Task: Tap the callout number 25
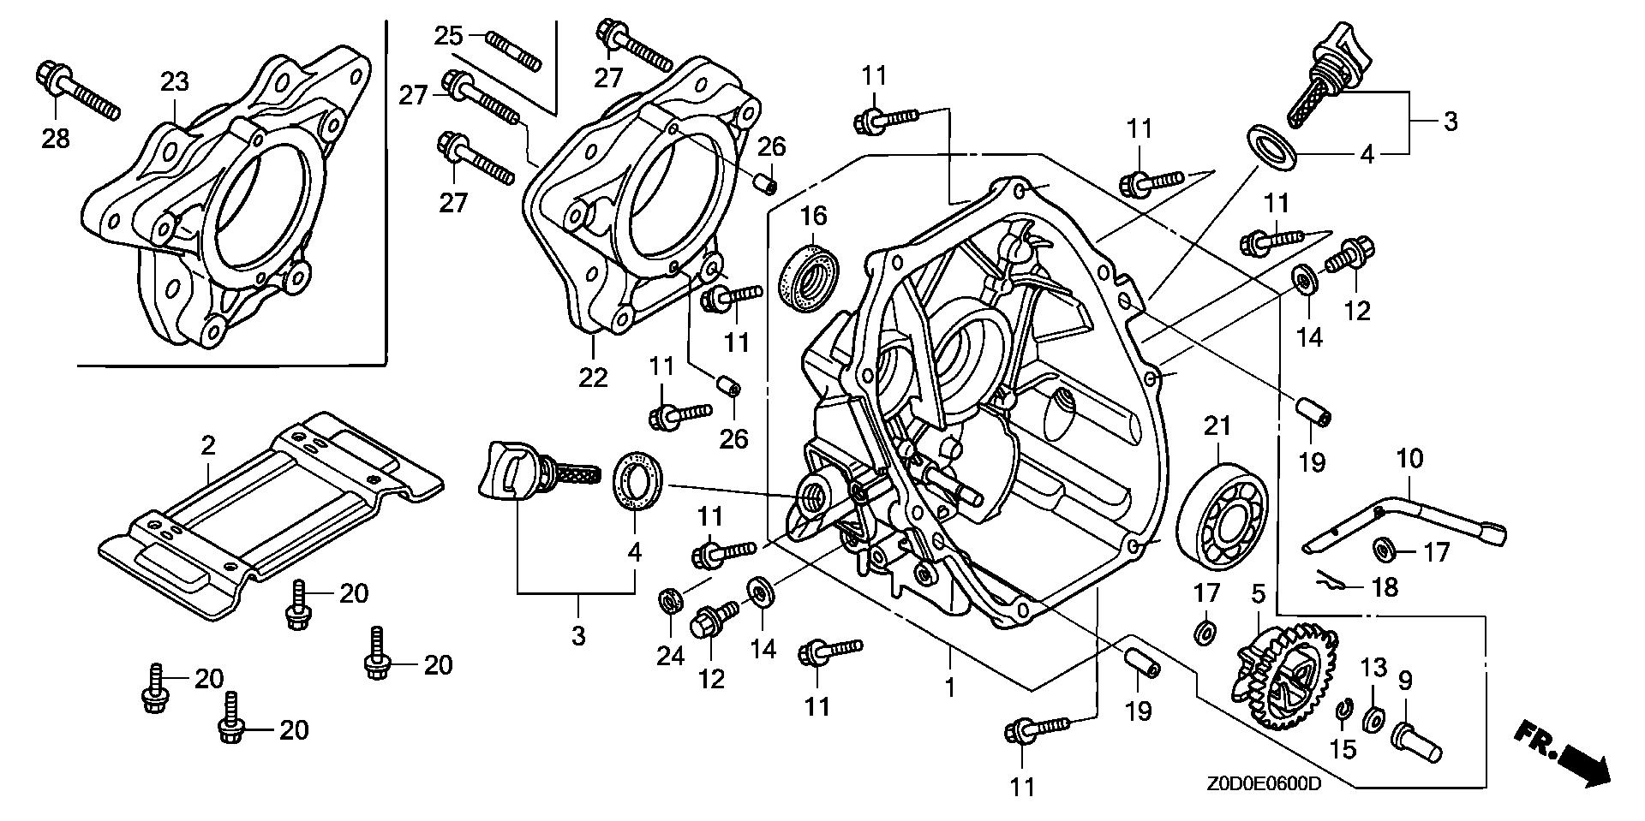click(x=448, y=36)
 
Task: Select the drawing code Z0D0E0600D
click(x=1265, y=785)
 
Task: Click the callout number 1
click(x=949, y=687)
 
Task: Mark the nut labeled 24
click(x=671, y=601)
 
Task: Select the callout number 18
click(x=1385, y=586)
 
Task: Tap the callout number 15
click(x=1343, y=750)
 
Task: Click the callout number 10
click(x=1409, y=459)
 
